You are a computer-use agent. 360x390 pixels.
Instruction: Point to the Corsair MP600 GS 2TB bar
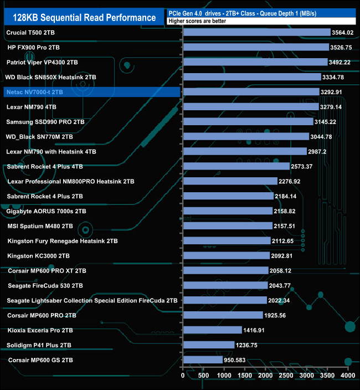(202, 360)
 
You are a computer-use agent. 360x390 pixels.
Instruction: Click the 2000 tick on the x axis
(265, 375)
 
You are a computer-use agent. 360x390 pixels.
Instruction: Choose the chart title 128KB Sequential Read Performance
(84, 18)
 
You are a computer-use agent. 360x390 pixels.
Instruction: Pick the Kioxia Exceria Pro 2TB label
(40, 330)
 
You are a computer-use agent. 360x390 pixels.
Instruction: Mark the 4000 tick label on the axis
(348, 375)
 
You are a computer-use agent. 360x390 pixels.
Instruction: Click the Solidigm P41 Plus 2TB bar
(208, 345)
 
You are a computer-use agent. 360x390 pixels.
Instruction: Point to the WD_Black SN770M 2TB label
(39, 136)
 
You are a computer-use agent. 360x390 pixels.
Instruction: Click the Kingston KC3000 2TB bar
(226, 256)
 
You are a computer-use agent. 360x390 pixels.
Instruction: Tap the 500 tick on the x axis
(203, 375)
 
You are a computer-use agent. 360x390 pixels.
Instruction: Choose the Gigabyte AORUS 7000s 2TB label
(46, 211)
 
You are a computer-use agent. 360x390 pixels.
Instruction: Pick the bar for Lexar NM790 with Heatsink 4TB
(244, 151)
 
